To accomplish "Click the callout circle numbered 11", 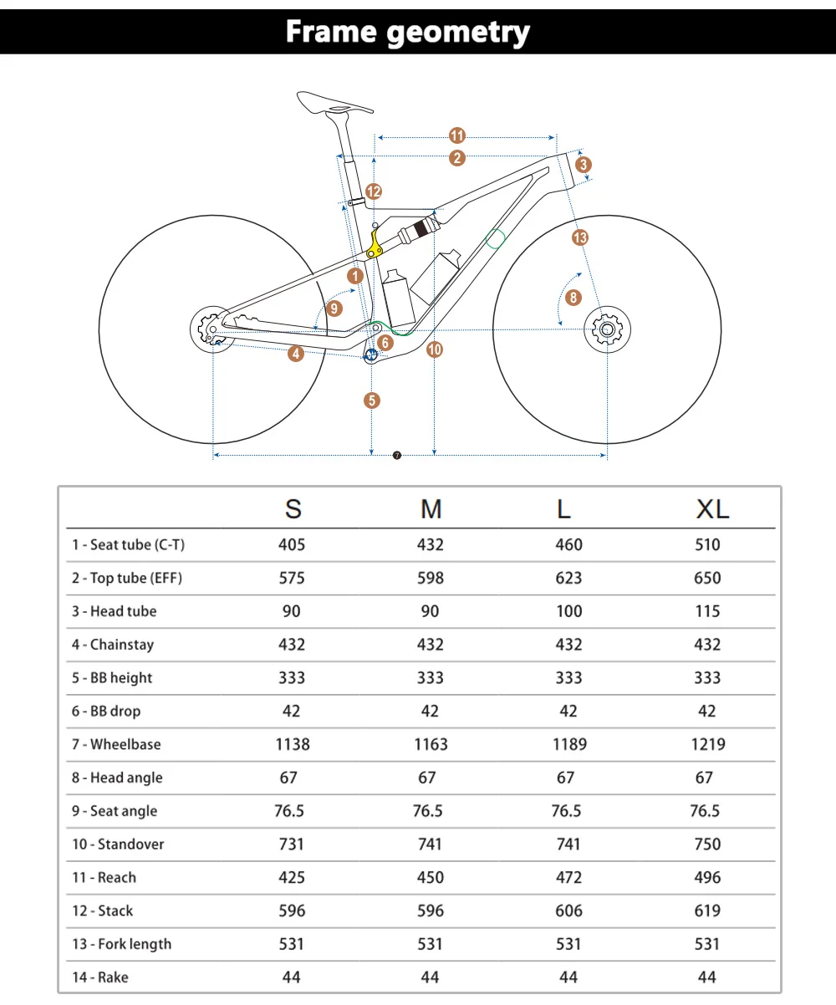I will click(457, 136).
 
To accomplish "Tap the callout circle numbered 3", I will click(584, 164).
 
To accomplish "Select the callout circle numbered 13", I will click(580, 237).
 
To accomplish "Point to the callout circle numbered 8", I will click(573, 298).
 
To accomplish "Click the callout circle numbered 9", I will click(334, 309).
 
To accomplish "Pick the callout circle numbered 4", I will click(295, 354).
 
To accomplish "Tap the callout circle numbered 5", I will click(372, 400).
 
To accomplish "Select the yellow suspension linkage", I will click(376, 243).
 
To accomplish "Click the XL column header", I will click(712, 508).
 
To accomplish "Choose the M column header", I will click(431, 508).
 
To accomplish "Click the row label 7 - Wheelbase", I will click(116, 744).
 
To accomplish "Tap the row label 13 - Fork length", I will click(121, 944).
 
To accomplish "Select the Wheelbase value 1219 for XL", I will click(707, 744).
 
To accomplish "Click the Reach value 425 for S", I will click(292, 877).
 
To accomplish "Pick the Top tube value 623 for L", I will click(568, 578).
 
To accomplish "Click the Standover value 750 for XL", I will click(707, 844).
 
